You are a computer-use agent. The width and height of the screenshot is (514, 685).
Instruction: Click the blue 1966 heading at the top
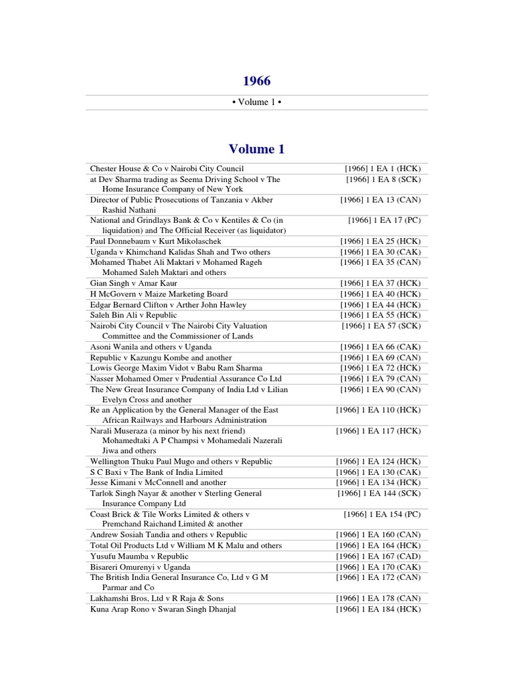[256, 81]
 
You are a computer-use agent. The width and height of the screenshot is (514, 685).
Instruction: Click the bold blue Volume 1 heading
[256, 149]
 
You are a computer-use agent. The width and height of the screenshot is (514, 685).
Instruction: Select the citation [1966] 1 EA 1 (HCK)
[382, 169]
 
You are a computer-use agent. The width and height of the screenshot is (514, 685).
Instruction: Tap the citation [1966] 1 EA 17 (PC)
[384, 220]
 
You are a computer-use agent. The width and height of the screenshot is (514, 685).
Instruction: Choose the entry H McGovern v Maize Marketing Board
[159, 294]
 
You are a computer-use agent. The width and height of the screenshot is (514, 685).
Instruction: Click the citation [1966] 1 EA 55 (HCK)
[380, 315]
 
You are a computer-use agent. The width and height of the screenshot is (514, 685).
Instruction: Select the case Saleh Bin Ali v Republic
[134, 315]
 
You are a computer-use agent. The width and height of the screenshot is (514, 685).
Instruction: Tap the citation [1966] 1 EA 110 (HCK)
[378, 410]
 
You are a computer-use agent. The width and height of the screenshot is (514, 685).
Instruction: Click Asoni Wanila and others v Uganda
[151, 347]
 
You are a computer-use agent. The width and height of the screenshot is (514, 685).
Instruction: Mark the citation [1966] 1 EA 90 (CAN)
[380, 389]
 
